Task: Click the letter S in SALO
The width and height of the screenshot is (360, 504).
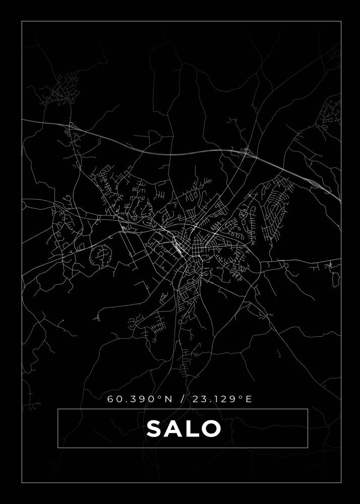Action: [x=155, y=429]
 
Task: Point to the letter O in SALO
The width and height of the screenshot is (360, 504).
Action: [x=211, y=429]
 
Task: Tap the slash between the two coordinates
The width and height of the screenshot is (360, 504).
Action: [x=182, y=399]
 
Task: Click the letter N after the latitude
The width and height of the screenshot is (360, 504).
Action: [x=168, y=399]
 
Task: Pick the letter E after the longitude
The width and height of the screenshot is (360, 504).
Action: [x=249, y=399]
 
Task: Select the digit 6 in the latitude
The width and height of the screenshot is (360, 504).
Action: [x=110, y=399]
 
